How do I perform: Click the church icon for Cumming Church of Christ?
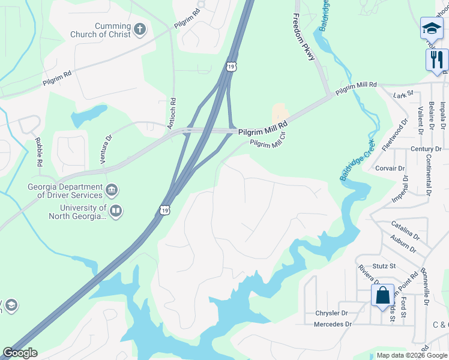(x=139, y=29)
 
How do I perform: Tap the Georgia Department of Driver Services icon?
(x=111, y=191)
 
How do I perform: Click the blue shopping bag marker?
(x=382, y=296)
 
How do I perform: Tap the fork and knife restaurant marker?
(x=437, y=59)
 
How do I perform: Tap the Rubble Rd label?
(x=39, y=152)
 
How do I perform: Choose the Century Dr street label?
(x=426, y=149)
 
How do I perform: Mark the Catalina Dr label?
(x=405, y=229)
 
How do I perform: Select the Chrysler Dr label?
(x=331, y=313)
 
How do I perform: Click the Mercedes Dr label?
(x=332, y=324)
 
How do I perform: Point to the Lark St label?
(x=403, y=94)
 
